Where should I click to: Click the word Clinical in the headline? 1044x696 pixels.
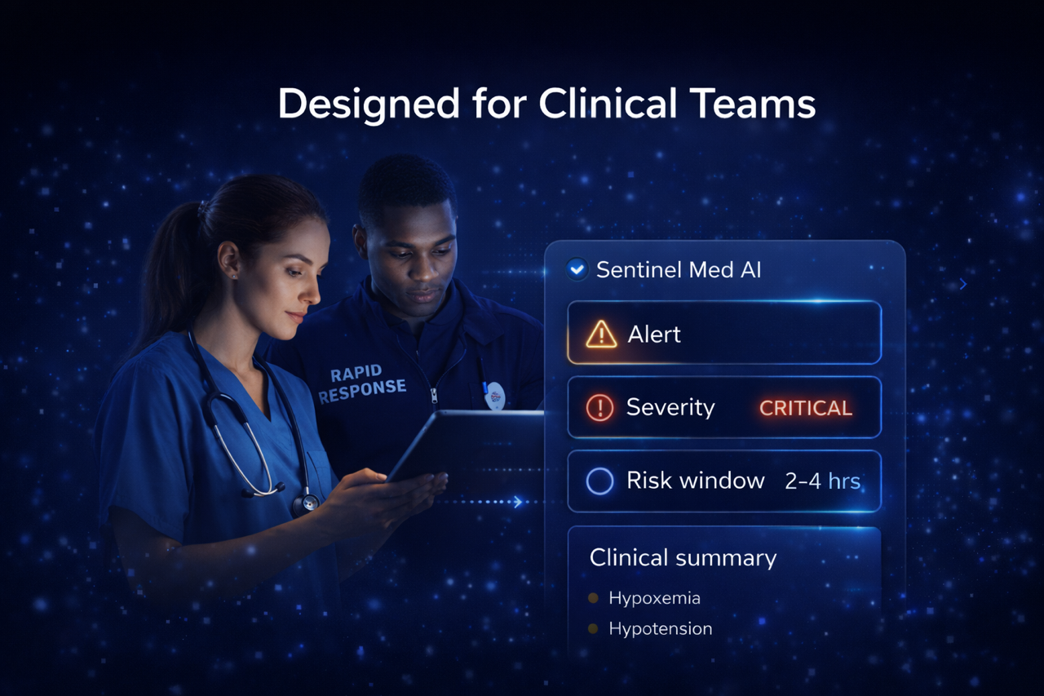(x=608, y=103)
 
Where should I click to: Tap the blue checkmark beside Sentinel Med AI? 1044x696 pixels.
(x=577, y=269)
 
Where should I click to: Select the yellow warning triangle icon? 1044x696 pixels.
(x=601, y=335)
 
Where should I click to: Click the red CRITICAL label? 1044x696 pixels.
(x=806, y=408)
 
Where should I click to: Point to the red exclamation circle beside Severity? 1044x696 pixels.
(x=599, y=408)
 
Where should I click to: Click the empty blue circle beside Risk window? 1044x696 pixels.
(x=599, y=481)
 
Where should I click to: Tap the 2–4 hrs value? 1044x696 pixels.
(x=823, y=481)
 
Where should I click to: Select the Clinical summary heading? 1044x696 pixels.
(x=683, y=558)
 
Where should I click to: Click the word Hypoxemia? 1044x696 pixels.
(x=654, y=598)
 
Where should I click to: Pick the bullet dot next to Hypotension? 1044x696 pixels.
(x=593, y=629)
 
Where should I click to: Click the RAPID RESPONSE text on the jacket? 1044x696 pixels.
(x=361, y=383)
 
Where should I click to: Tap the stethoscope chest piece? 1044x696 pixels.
(x=306, y=503)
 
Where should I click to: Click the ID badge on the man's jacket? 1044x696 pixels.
(x=494, y=395)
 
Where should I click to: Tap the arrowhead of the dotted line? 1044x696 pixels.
(x=517, y=502)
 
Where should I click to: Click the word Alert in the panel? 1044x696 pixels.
(x=654, y=335)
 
